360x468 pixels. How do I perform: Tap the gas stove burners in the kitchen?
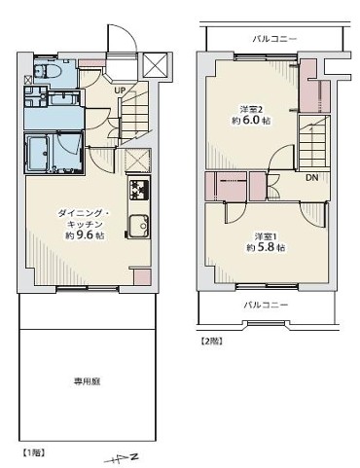(x=140, y=190)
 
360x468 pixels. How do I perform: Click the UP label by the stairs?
(x=120, y=90)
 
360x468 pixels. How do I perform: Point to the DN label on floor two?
(x=312, y=177)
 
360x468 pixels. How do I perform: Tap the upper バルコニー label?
(x=274, y=39)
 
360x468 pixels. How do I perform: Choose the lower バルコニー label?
(x=266, y=305)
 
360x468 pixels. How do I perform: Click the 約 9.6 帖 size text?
(x=85, y=235)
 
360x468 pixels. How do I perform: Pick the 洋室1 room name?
(x=266, y=236)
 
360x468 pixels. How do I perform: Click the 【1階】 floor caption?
(x=34, y=452)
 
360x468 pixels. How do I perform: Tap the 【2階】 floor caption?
(x=211, y=342)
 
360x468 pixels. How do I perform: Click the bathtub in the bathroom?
(x=38, y=153)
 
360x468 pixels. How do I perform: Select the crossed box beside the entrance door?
(x=155, y=64)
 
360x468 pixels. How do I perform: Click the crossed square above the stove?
(x=138, y=161)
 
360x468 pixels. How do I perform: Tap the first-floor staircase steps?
(x=134, y=114)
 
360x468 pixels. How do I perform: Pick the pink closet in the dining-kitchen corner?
(x=143, y=277)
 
